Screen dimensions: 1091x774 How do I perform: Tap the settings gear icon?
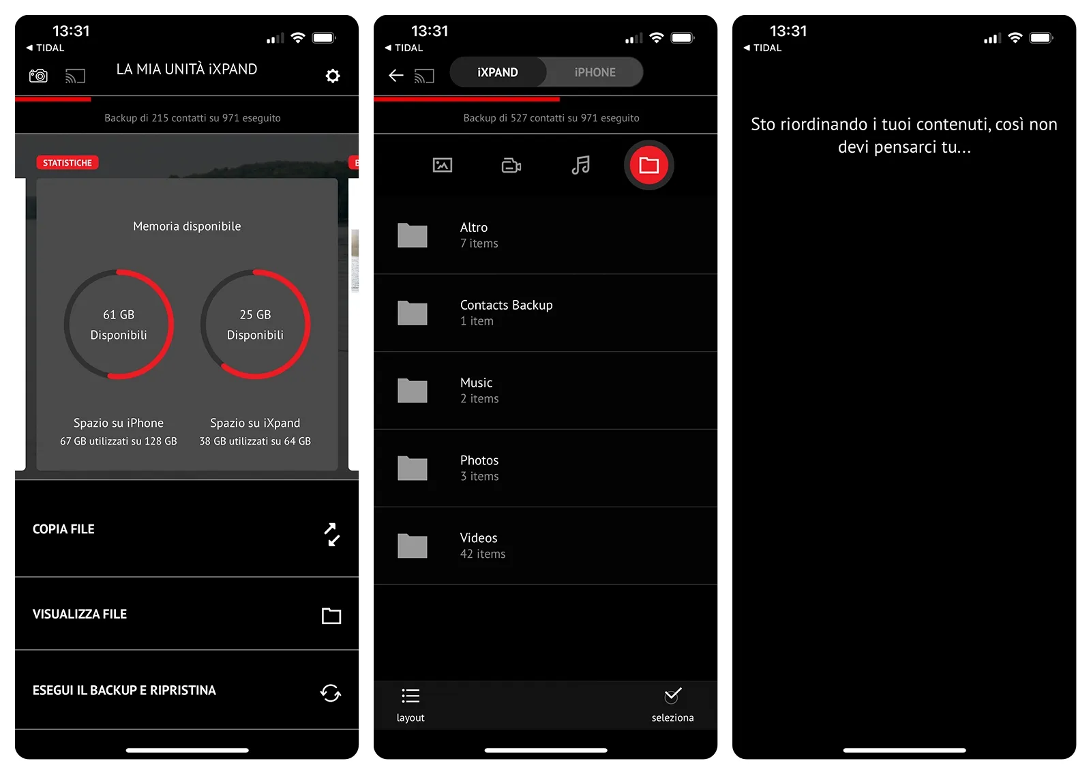tap(333, 76)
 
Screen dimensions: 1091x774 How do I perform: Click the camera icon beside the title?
tap(38, 76)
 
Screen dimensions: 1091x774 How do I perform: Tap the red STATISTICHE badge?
tap(68, 163)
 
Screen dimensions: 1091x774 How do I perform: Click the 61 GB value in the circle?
tap(119, 314)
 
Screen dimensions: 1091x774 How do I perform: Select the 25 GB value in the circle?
tap(255, 314)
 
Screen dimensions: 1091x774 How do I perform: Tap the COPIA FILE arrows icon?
tap(331, 535)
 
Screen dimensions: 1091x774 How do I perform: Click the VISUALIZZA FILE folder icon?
tap(331, 616)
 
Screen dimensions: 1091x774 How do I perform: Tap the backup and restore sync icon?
tap(331, 693)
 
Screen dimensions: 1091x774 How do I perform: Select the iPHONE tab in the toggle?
tap(595, 72)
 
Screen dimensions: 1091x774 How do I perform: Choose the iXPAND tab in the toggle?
tap(497, 72)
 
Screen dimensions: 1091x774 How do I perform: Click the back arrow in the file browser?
tap(396, 76)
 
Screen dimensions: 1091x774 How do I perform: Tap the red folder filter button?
tap(648, 165)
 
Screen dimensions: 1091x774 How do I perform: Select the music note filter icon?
tap(580, 165)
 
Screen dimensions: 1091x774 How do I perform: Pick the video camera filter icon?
tap(511, 166)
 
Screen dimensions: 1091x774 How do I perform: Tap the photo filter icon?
tap(443, 165)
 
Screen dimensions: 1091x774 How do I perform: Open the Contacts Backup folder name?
tap(506, 305)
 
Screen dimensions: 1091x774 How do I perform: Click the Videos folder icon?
tap(412, 546)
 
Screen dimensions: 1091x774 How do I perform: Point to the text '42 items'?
tap(483, 554)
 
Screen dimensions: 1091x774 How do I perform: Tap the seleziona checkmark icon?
tap(672, 696)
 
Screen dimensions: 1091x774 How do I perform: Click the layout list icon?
tap(410, 696)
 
